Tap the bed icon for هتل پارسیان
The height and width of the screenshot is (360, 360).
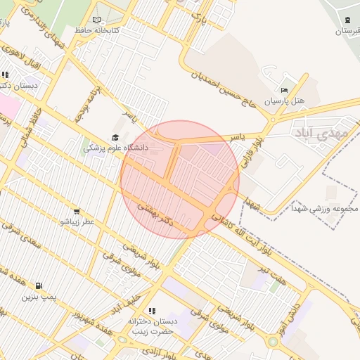pyautogui.click(x=284, y=91)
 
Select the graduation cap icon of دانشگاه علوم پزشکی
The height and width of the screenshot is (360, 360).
pyautogui.click(x=115, y=139)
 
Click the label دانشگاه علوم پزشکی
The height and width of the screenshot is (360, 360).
pyautogui.click(x=116, y=148)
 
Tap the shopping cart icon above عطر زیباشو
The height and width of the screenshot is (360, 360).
pyautogui.click(x=76, y=212)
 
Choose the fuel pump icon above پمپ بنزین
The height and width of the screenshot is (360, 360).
pyautogui.click(x=38, y=286)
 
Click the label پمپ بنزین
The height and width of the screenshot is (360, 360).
pyautogui.click(x=37, y=297)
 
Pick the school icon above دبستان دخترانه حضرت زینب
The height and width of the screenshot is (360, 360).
pyautogui.click(x=150, y=311)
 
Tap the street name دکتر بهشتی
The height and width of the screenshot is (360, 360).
pyautogui.click(x=154, y=210)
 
